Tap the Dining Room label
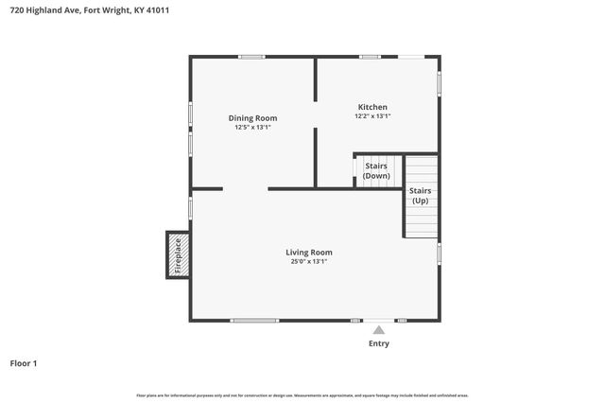[252, 118]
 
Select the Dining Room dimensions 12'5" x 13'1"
[252, 128]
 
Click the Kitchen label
[372, 107]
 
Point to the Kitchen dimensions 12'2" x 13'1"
[372, 116]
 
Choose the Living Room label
[309, 252]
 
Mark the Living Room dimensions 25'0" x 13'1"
[309, 261]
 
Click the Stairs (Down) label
[376, 171]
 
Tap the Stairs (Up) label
[420, 195]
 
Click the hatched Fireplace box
[177, 254]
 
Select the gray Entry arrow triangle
[378, 329]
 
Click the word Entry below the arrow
[378, 343]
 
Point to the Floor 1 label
[25, 362]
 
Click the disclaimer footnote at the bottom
[302, 394]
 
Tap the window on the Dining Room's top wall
[251, 57]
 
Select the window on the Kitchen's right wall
[439, 83]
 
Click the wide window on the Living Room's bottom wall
[254, 321]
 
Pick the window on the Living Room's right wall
[439, 254]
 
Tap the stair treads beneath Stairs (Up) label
[421, 222]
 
